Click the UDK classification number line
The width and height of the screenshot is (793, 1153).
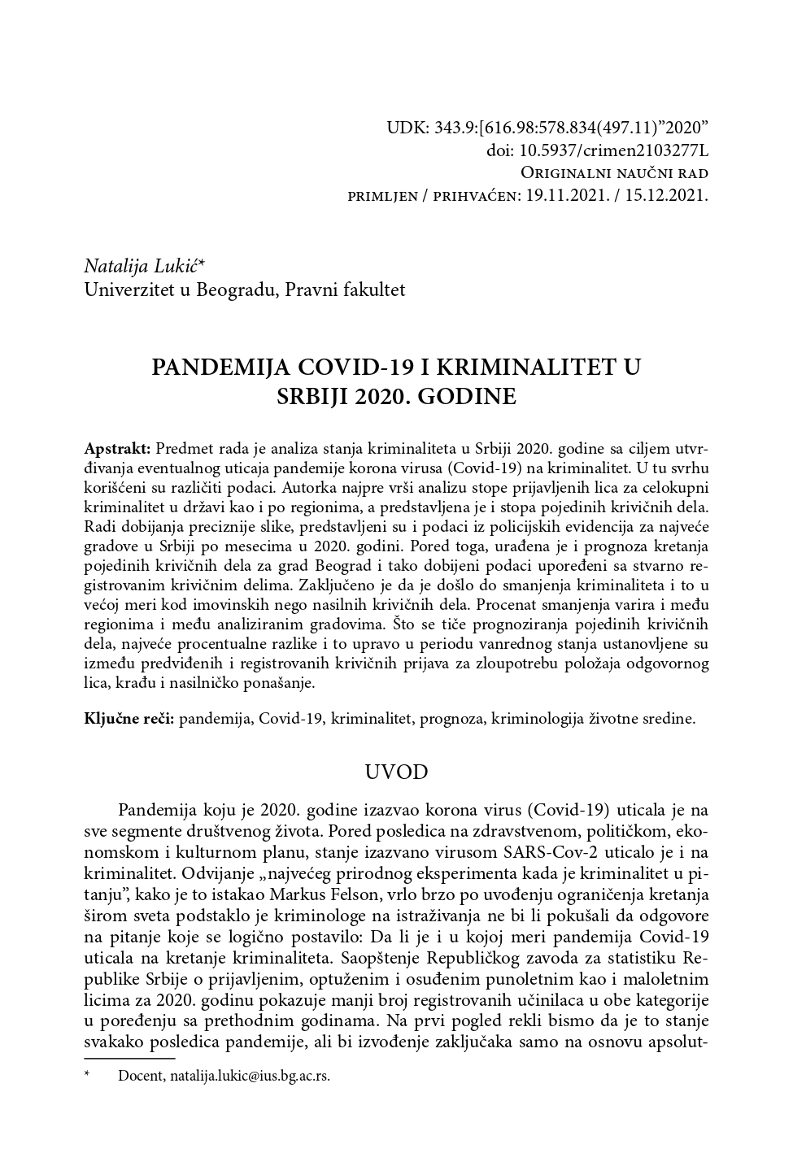point(547,128)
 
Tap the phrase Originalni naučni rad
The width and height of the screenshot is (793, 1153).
point(614,173)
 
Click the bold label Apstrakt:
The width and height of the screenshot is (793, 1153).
point(117,450)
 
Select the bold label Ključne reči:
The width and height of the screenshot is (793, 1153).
point(129,719)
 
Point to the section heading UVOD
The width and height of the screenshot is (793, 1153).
point(396,772)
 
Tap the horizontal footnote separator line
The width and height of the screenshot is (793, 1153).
point(129,1059)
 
